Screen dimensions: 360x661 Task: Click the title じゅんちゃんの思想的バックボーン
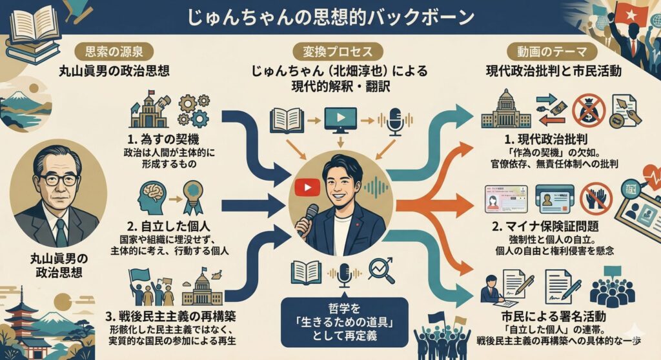point(330,17)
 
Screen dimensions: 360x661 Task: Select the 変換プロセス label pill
point(330,51)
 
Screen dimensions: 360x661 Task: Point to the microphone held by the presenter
point(310,217)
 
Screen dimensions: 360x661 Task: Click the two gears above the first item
point(193,110)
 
